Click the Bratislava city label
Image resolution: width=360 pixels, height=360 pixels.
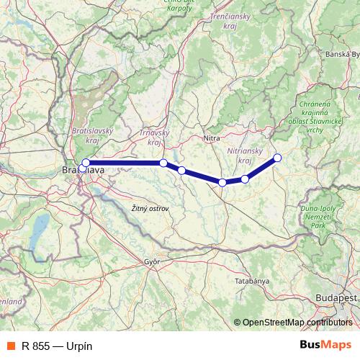(83, 171)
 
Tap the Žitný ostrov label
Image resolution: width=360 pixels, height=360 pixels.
(150, 208)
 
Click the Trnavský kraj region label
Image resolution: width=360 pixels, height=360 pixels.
(153, 136)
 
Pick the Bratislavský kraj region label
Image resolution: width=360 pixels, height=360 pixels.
(91, 136)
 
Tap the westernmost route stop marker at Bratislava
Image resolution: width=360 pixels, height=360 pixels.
(86, 163)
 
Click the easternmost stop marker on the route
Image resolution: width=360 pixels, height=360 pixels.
(277, 158)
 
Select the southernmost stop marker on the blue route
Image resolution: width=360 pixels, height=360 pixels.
(222, 183)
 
